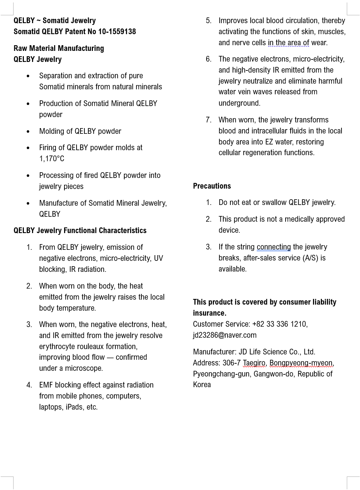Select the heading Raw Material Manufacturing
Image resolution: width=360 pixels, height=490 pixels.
[59, 48]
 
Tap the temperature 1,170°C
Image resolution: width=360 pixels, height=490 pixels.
[52, 159]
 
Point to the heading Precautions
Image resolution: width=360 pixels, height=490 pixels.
[212, 186]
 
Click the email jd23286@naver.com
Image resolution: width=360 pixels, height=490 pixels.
[225, 335]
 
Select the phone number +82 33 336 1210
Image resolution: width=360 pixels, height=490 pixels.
[279, 324]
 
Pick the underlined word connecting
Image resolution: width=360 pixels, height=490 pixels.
[273, 247]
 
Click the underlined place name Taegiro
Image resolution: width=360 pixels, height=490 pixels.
[254, 363]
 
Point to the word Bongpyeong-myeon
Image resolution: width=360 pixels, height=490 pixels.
[301, 363]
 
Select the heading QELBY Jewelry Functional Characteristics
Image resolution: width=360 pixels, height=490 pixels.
[80, 231]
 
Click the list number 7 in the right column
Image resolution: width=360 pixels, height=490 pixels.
[208, 120]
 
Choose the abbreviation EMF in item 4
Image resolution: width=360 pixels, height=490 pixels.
[46, 385]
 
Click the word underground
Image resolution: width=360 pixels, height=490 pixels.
[239, 103]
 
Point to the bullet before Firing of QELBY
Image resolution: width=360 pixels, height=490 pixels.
[28, 148]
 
